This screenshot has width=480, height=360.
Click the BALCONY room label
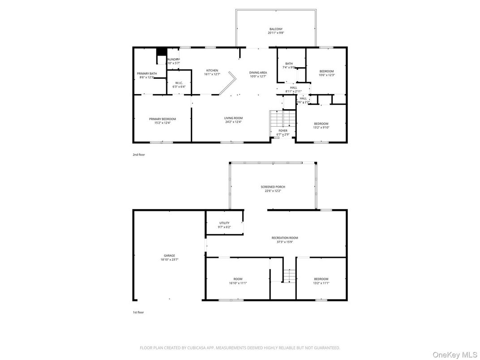(x=276, y=29)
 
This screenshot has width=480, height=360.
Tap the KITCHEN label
(x=212, y=71)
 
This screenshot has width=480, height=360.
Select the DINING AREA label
(x=258, y=73)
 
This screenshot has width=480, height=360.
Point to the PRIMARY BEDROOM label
(x=163, y=119)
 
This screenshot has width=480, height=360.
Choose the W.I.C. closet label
(x=179, y=83)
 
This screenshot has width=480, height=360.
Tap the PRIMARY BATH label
(x=146, y=73)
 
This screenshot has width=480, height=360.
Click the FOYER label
(x=283, y=131)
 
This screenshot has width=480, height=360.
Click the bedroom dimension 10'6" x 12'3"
(x=326, y=75)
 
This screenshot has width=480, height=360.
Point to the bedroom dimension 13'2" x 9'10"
(x=321, y=128)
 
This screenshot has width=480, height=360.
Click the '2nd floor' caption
(x=138, y=154)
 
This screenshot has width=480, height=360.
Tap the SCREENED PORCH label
(x=273, y=187)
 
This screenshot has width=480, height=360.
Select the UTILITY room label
(x=224, y=223)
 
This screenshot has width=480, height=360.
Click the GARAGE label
(x=169, y=256)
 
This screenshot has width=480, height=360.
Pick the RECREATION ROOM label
(x=284, y=238)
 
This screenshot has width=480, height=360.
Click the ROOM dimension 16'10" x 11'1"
(x=238, y=283)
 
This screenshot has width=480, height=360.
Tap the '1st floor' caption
(x=138, y=312)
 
